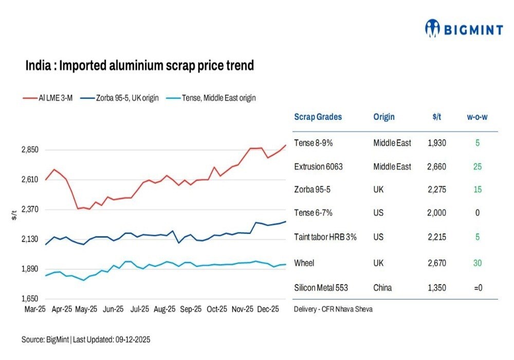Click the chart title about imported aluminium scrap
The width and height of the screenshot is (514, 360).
pos(140,66)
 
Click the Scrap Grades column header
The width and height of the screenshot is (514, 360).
pos(318,117)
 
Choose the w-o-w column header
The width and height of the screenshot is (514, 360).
pos(477,117)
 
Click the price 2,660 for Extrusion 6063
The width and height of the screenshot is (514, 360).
pos(436,167)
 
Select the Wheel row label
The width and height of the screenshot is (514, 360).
pos(304,263)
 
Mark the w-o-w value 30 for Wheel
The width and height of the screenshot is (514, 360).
pos(477,263)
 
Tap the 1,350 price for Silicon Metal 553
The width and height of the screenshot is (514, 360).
pos(436,287)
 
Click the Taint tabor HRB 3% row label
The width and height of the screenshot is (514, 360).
pos(325,237)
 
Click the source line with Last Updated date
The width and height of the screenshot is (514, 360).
pos(86,340)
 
